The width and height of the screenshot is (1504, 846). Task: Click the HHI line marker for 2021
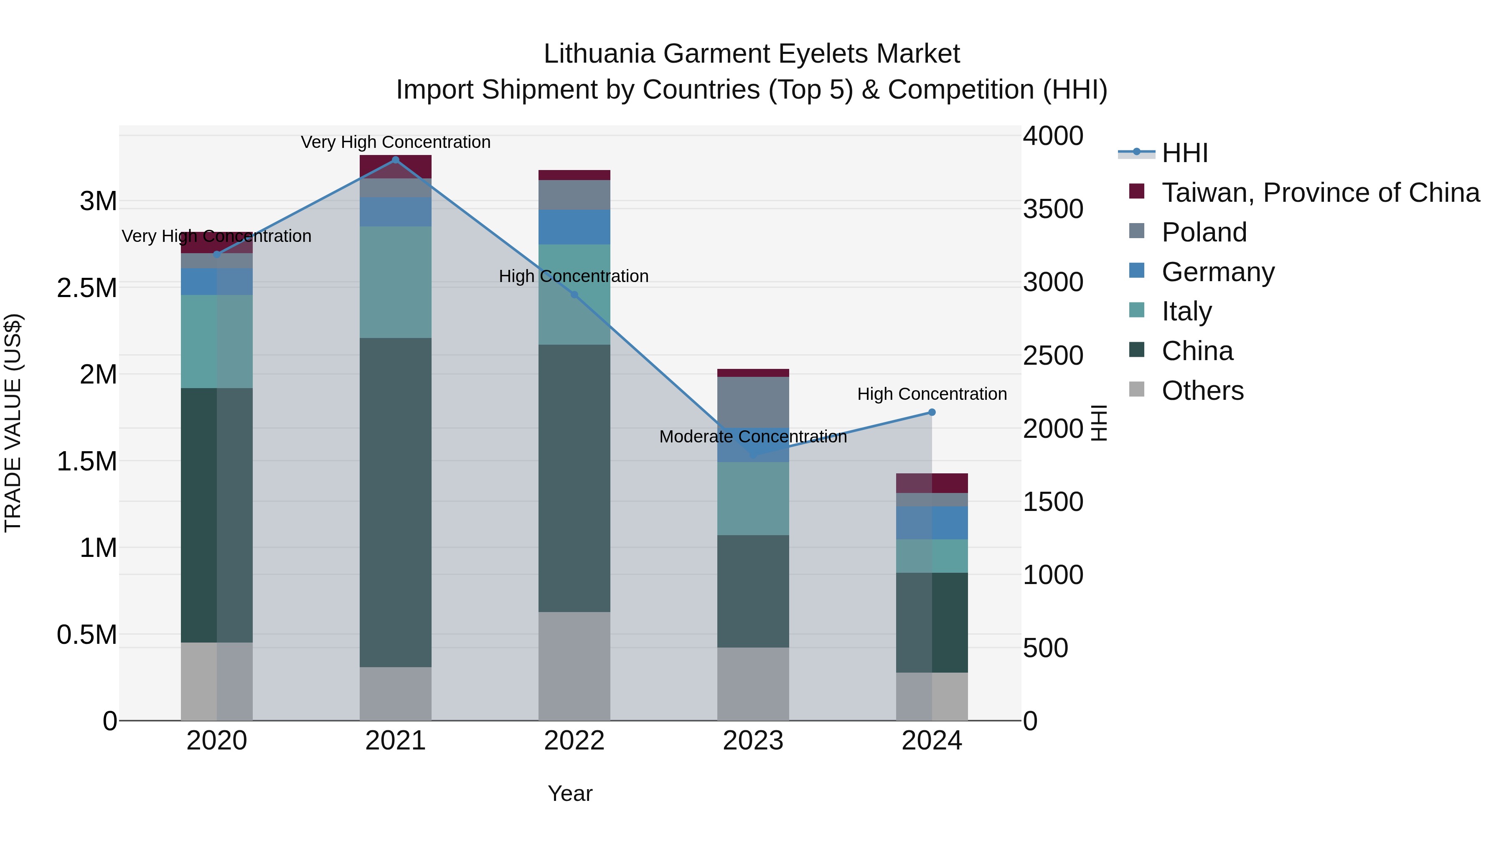click(x=395, y=160)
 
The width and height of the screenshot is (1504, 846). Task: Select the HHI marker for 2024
click(x=932, y=412)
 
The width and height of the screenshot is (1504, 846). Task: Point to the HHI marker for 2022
click(x=574, y=295)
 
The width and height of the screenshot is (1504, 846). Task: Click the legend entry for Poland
click(x=1204, y=232)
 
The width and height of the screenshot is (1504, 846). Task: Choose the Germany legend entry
click(x=1218, y=272)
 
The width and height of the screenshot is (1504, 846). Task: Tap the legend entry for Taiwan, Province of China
click(x=1320, y=193)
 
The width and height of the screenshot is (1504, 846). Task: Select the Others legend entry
click(x=1202, y=391)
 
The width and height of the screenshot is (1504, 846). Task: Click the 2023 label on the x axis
click(x=752, y=741)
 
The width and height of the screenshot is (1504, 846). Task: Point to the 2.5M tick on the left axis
click(x=87, y=288)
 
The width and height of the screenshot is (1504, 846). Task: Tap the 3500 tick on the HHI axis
click(x=1053, y=209)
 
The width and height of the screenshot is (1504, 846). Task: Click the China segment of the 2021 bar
click(x=395, y=502)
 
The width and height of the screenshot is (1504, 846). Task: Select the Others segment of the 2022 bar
click(x=574, y=666)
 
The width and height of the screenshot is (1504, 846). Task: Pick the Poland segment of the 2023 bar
click(x=752, y=401)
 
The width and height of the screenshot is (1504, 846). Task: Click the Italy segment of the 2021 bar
click(x=395, y=282)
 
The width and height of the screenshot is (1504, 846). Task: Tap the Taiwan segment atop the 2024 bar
click(x=932, y=483)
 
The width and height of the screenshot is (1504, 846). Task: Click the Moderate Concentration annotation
click(x=752, y=437)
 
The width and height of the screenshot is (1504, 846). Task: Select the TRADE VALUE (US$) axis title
click(x=13, y=423)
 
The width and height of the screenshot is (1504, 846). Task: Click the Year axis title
click(x=570, y=793)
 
